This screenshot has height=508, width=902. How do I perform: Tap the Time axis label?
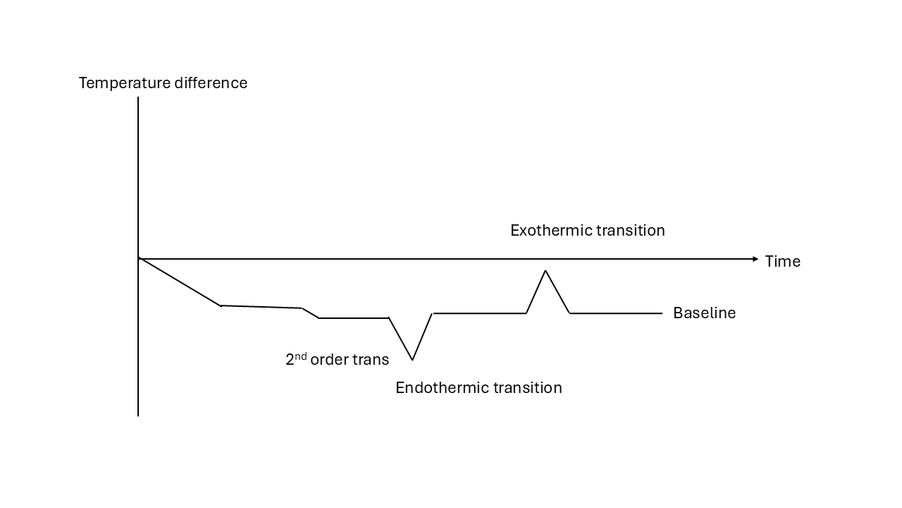pyautogui.click(x=782, y=262)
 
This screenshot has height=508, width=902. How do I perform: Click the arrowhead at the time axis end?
pyautogui.click(x=755, y=259)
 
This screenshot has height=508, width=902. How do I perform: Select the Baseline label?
pyautogui.click(x=704, y=313)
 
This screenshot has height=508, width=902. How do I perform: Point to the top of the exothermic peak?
pyautogui.click(x=545, y=270)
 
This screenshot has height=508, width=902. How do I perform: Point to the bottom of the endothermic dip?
pyautogui.click(x=412, y=360)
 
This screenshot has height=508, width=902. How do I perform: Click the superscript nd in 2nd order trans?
pyautogui.click(x=301, y=356)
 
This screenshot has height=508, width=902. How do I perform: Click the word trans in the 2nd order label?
pyautogui.click(x=371, y=360)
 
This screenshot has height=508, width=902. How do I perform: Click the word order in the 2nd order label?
pyautogui.click(x=330, y=360)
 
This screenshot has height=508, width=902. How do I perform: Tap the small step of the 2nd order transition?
pyautogui.click(x=310, y=313)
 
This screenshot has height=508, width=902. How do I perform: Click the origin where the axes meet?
pyautogui.click(x=138, y=259)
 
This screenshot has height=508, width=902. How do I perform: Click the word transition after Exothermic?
pyautogui.click(x=630, y=231)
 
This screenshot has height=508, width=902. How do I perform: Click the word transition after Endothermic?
pyautogui.click(x=527, y=388)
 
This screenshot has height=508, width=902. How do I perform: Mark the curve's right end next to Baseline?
pyautogui.click(x=662, y=313)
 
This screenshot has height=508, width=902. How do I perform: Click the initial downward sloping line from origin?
pyautogui.click(x=180, y=282)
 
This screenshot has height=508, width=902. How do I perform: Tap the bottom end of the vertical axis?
pyautogui.click(x=138, y=415)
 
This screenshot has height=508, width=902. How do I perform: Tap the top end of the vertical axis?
pyautogui.click(x=138, y=98)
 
